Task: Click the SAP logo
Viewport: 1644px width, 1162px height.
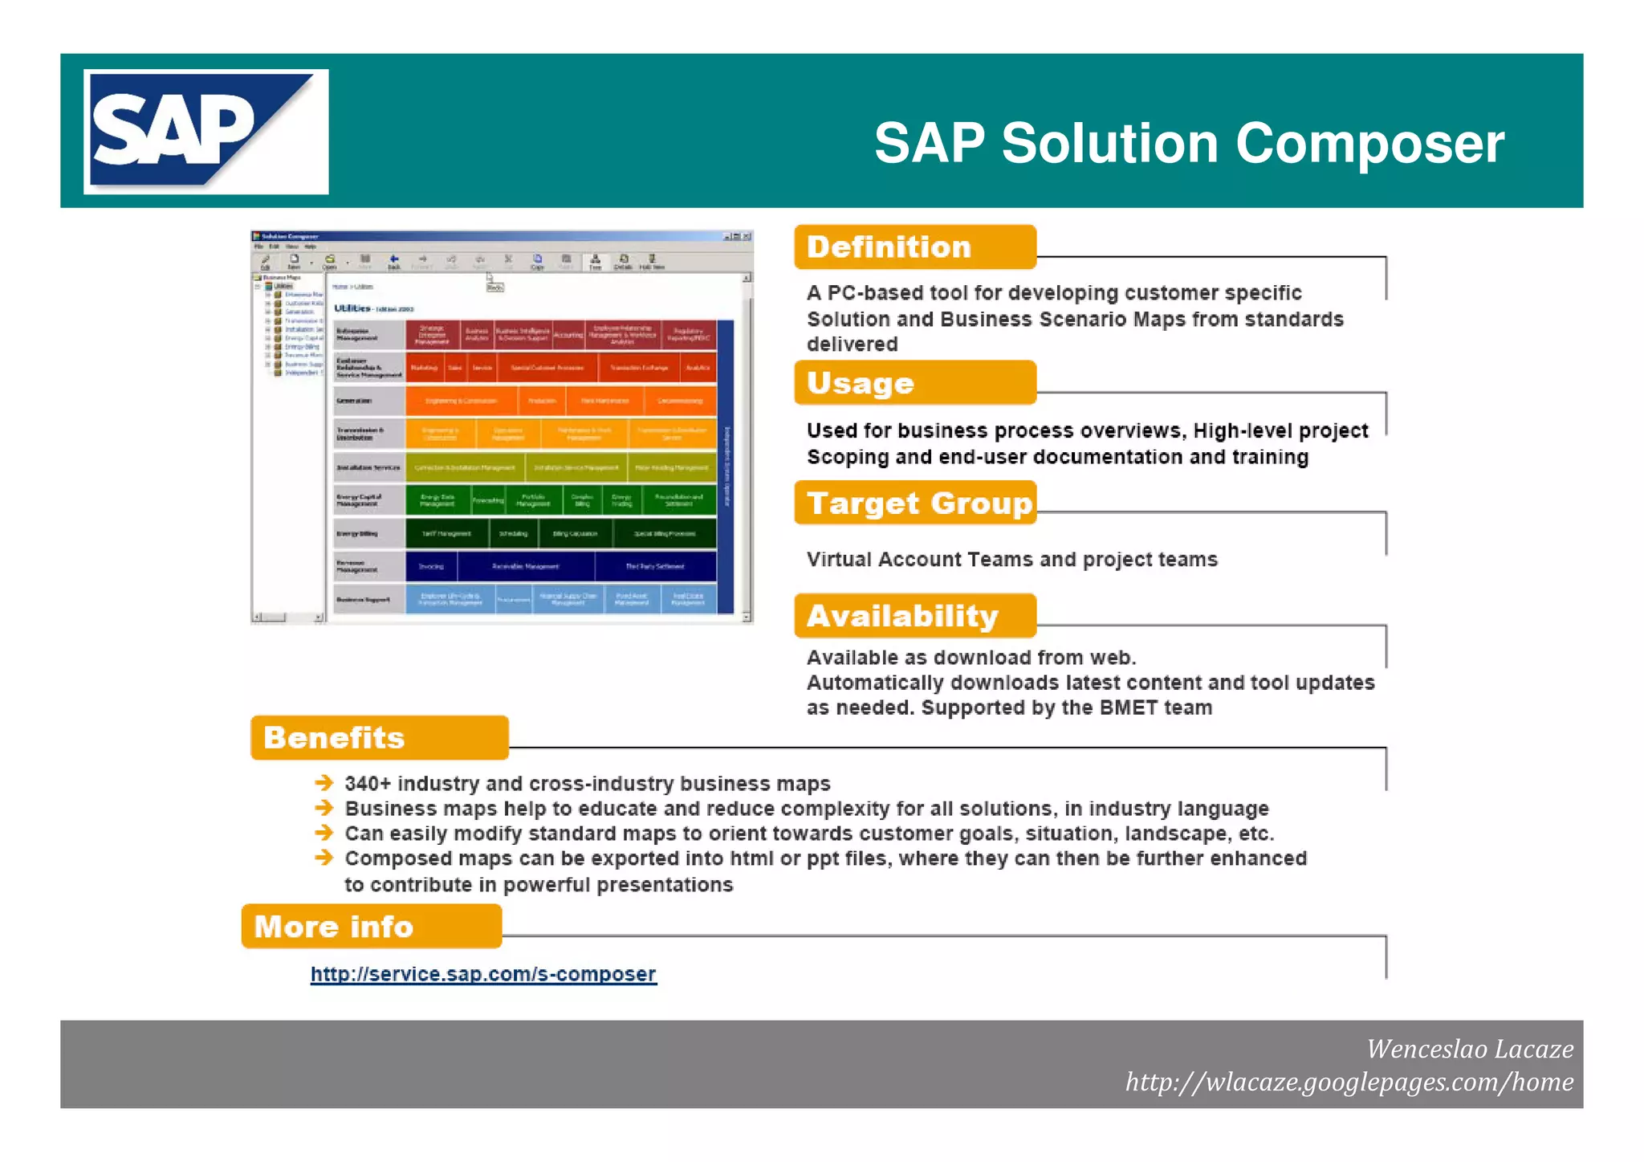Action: pos(205,132)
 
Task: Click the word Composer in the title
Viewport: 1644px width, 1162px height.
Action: pos(1369,144)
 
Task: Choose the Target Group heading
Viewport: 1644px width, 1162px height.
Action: pos(915,504)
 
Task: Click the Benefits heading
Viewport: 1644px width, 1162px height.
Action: pos(379,738)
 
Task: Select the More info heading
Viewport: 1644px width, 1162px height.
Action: pos(371,927)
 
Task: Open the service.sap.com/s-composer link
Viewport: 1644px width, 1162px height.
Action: pos(483,974)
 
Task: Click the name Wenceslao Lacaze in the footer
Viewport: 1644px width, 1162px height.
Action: pos(1469,1049)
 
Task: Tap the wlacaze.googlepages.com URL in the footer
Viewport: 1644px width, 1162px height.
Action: pos(1349,1082)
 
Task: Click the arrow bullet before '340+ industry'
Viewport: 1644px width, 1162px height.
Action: pos(324,783)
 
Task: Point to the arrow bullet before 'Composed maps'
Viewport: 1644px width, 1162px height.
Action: pos(324,858)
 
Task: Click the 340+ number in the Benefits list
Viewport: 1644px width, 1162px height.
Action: pos(367,784)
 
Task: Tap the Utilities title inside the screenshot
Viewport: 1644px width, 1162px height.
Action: pos(352,308)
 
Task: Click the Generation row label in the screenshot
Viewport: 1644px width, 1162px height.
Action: pos(354,400)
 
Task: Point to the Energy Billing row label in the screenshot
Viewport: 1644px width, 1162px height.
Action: pos(357,533)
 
